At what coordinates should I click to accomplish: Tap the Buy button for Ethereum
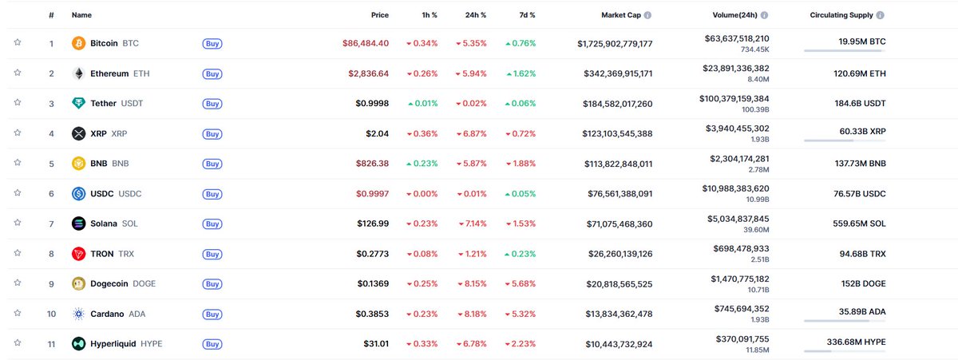tap(212, 73)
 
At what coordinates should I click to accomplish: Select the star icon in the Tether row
tap(17, 103)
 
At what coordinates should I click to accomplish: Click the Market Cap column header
tap(622, 15)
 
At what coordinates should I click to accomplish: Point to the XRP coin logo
tap(78, 133)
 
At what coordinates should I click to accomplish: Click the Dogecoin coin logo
tap(78, 283)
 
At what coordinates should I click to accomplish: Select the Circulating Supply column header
tap(841, 15)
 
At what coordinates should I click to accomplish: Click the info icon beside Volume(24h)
tap(765, 15)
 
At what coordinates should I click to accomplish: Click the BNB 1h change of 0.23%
tap(422, 164)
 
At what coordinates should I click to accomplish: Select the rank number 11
tap(51, 344)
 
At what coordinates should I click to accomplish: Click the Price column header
tap(380, 15)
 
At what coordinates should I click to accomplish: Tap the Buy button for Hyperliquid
tap(212, 344)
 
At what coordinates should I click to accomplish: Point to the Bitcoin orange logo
tap(78, 43)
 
